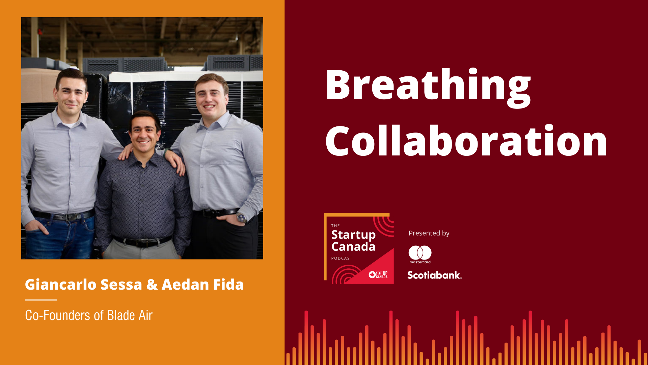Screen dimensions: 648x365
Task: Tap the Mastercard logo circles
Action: [x=420, y=252]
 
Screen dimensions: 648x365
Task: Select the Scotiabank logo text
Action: [x=434, y=275]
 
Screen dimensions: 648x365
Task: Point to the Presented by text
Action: [x=429, y=233]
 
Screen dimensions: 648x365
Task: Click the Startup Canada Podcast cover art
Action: [x=359, y=248]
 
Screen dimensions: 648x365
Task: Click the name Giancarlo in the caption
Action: [x=61, y=285]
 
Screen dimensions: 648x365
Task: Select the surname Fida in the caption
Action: [x=228, y=285]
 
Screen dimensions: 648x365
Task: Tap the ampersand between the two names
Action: [x=152, y=285]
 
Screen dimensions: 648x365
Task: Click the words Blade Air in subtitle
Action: [x=130, y=315]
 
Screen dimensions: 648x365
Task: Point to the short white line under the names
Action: [x=41, y=300]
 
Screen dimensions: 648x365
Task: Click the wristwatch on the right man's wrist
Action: [x=241, y=218]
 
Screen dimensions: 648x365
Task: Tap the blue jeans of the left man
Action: [x=59, y=237]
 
